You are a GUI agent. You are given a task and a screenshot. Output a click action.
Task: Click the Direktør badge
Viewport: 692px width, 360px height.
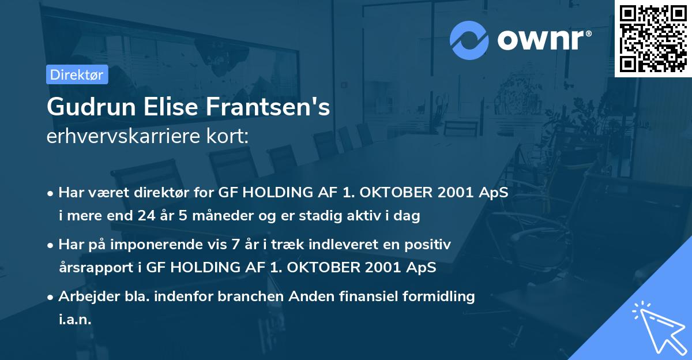point(77,74)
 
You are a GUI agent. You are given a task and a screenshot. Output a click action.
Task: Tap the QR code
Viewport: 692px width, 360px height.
point(653,39)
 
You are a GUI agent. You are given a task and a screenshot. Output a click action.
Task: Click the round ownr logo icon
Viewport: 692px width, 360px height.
point(469,40)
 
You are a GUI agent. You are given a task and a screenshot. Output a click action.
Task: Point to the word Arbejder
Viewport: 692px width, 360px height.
point(84,297)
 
